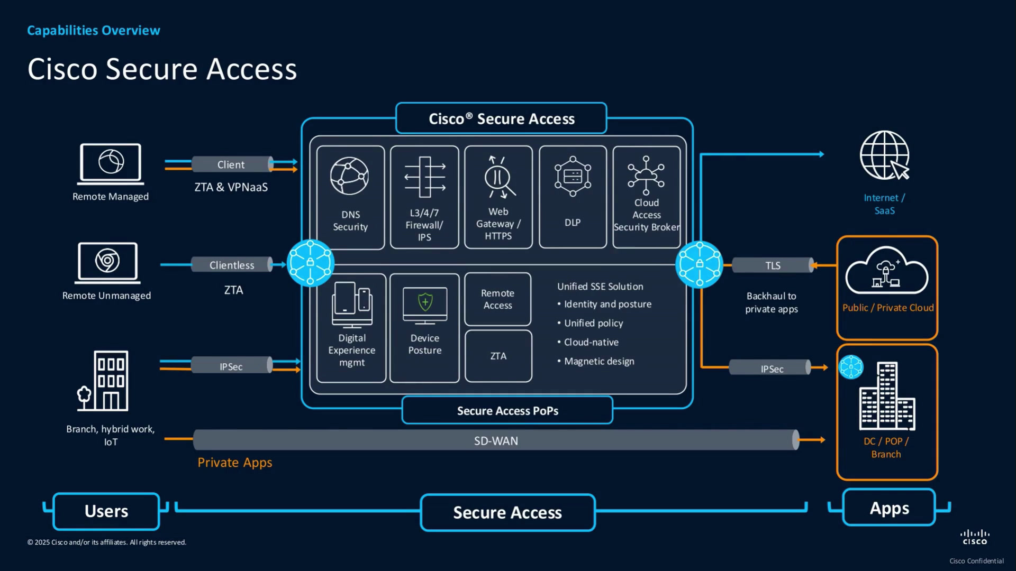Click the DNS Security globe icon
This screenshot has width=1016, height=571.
[349, 176]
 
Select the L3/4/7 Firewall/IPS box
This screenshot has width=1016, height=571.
[424, 197]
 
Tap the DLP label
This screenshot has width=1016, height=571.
[573, 223]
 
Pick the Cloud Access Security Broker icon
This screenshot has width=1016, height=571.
[646, 175]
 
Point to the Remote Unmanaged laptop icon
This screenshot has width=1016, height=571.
[108, 263]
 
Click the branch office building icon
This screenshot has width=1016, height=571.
[103, 381]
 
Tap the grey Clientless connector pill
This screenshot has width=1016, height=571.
[232, 265]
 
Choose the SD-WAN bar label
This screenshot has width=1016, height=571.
[496, 440]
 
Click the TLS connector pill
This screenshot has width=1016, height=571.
[773, 265]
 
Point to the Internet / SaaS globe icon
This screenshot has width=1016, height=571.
[885, 155]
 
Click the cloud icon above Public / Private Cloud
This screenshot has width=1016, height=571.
[887, 270]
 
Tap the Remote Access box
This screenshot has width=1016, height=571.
[497, 299]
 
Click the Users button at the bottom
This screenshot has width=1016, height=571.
[106, 511]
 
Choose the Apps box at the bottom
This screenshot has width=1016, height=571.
[889, 508]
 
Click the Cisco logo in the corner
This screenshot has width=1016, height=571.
[975, 537]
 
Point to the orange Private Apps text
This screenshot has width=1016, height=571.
[235, 463]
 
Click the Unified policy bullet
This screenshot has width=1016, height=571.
[590, 323]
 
